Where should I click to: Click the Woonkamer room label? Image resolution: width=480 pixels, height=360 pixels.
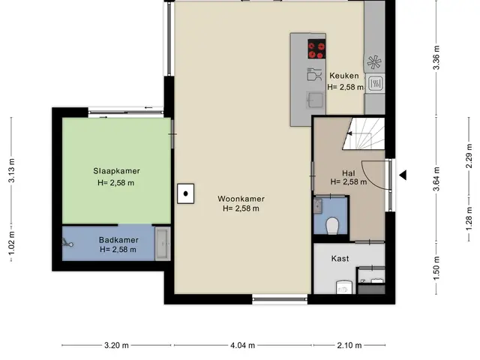point(241,199)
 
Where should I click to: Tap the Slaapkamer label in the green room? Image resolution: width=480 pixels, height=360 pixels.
point(117,171)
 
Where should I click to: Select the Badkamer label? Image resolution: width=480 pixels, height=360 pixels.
point(118,240)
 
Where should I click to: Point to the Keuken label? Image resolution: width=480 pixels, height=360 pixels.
point(344,76)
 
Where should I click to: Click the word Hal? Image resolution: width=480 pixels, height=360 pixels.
point(348,173)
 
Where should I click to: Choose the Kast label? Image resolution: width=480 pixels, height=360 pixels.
point(340,258)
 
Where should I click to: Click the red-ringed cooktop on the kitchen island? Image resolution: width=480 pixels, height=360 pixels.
point(316,49)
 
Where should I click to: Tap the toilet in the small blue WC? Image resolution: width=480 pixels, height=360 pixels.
point(331,226)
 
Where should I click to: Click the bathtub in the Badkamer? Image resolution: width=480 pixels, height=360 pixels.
point(163,244)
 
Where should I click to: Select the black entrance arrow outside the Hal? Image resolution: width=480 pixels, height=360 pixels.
point(403,175)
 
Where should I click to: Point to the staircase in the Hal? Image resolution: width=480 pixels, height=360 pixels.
point(363,133)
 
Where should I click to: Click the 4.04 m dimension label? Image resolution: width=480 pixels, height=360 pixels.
point(242,345)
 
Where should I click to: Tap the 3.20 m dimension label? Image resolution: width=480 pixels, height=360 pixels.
point(116,345)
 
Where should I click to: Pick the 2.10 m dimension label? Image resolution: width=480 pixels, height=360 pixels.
point(349,345)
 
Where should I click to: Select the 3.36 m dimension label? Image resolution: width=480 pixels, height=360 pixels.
point(436,58)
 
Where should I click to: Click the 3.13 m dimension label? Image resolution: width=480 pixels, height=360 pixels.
point(11,170)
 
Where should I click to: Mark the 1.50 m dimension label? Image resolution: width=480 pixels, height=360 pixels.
point(436,268)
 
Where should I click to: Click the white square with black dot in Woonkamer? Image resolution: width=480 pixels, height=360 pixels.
point(185,193)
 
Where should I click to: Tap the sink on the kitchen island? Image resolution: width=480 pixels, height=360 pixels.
point(315,100)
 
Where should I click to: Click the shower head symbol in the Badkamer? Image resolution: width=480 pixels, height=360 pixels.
point(67,243)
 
